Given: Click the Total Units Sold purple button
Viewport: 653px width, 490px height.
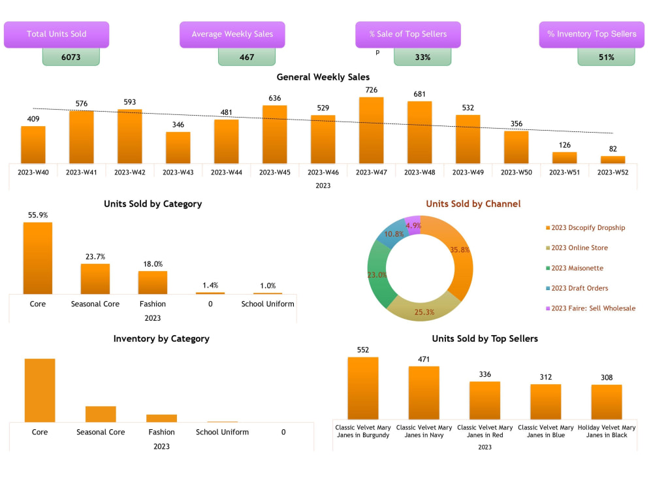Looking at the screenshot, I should (57, 34).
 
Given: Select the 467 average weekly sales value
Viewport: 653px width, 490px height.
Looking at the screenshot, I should (247, 57).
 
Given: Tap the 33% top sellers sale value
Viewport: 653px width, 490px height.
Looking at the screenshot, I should (422, 57).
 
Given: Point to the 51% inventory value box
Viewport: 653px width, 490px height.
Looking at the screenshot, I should (606, 57).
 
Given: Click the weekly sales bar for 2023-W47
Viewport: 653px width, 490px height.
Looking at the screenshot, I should (372, 131).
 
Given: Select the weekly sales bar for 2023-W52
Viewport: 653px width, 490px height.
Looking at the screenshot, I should (613, 159).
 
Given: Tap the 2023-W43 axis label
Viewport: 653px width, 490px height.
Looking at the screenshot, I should (178, 172).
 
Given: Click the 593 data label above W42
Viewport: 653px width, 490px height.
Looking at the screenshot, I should (129, 102).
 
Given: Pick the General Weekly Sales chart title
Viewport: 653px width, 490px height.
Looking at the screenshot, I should (323, 77).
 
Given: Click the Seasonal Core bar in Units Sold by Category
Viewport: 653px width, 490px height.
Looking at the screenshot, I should (95, 279).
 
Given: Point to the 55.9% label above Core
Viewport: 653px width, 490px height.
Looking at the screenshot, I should (37, 215).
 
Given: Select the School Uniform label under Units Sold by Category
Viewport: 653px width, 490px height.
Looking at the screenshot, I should (268, 304).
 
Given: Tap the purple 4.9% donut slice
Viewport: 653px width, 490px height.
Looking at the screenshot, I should (413, 225).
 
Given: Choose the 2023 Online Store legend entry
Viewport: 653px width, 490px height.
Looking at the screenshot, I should (579, 248).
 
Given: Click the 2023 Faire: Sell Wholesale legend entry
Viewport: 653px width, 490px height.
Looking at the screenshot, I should (593, 308).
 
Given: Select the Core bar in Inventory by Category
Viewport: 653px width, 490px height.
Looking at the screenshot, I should (40, 390).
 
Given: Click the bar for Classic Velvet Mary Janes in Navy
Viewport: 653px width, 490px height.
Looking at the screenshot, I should (424, 393).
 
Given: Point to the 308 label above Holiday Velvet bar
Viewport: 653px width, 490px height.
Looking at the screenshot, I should (607, 377).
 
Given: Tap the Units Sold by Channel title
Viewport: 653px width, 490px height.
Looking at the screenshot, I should (473, 204).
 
